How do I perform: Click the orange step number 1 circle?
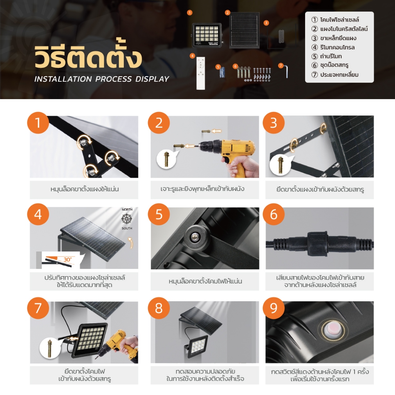pyautogui.click(x=38, y=123)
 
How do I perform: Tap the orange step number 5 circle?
pyautogui.click(x=159, y=214)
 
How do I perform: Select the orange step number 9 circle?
pyautogui.click(x=273, y=308)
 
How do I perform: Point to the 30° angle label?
pyautogui.click(x=68, y=260)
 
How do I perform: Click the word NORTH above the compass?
pyautogui.click(x=127, y=209)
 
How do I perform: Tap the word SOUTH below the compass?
pyautogui.click(x=127, y=228)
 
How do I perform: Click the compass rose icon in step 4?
pyautogui.click(x=127, y=219)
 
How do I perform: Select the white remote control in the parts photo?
pyautogui.click(x=201, y=73)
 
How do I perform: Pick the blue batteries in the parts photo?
pyautogui.click(x=222, y=72)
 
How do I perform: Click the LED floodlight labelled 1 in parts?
pyautogui.click(x=207, y=35)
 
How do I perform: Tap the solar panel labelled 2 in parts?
pyautogui.click(x=244, y=30)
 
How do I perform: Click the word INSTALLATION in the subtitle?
pyautogui.click(x=63, y=79)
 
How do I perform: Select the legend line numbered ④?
pyautogui.click(x=333, y=47)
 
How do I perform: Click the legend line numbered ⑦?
pyautogui.click(x=335, y=74)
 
